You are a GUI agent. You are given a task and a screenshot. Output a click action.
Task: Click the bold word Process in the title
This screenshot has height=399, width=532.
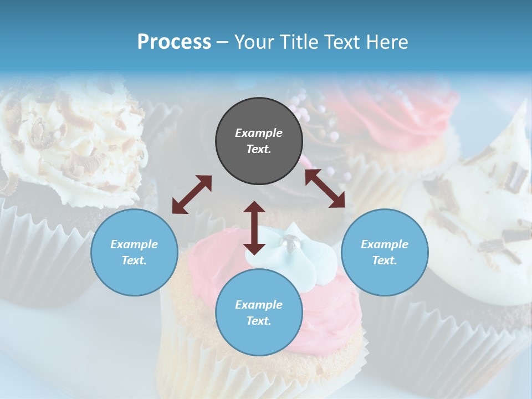[x=174, y=42]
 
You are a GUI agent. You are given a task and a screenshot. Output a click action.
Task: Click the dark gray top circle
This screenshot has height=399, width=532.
[x=259, y=141]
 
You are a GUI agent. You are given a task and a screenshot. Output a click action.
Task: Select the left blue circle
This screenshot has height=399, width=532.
[x=134, y=252]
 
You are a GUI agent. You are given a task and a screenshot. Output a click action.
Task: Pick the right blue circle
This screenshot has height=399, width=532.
[x=385, y=252]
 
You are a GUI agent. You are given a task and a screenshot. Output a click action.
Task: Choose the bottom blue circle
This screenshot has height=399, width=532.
[x=259, y=312]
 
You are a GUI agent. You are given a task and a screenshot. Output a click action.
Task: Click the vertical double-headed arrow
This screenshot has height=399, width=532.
[x=254, y=228]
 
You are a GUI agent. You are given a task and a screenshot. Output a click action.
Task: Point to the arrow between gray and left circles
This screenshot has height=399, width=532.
[x=192, y=195]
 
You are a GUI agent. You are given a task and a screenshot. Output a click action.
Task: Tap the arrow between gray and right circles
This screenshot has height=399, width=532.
[x=325, y=188]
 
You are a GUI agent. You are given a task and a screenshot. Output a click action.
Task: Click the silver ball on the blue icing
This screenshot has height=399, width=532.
[x=289, y=241]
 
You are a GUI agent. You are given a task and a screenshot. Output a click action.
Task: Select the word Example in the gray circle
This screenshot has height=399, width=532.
[x=259, y=133]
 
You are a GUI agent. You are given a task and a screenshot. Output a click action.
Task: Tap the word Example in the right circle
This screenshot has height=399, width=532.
[x=385, y=244]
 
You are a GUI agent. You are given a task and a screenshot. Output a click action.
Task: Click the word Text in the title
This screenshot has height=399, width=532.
[x=338, y=42]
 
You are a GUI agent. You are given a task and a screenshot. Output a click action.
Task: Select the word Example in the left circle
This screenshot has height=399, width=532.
[x=134, y=244]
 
